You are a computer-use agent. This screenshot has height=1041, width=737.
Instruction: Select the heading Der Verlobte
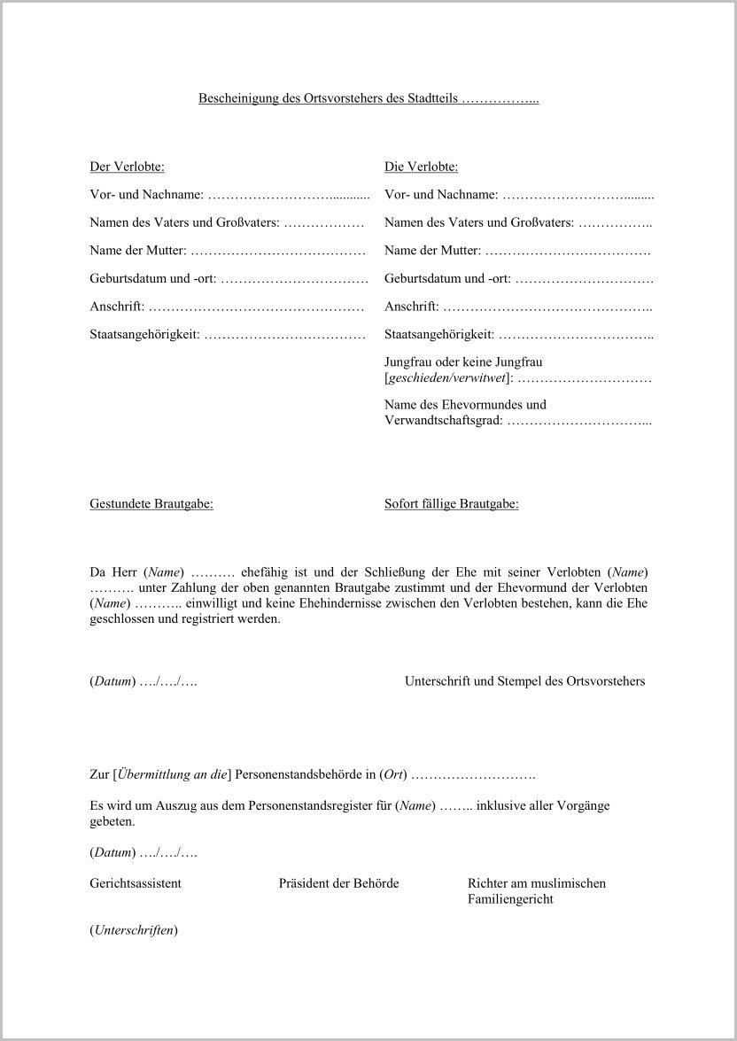coord(127,166)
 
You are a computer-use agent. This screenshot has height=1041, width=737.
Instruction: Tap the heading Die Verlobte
coord(421,166)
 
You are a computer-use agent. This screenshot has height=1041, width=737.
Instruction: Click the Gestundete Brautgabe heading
coord(151,504)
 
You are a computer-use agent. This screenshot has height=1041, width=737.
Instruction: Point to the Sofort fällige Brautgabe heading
coord(451,504)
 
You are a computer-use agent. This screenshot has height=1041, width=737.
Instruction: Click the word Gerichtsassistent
coord(136,883)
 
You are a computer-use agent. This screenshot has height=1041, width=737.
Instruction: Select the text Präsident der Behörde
coord(338,883)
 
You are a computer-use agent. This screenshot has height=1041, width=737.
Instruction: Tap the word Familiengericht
coord(510,899)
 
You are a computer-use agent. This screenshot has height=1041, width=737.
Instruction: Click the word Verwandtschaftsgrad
coord(443,421)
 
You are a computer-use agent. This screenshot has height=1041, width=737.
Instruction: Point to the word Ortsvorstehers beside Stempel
coord(605,681)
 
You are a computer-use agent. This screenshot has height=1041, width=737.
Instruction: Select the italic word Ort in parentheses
coord(392,775)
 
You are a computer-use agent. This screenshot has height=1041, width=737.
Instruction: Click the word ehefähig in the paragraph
coord(265,571)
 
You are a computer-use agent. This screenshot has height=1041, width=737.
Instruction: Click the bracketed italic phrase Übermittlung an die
coord(173,775)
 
